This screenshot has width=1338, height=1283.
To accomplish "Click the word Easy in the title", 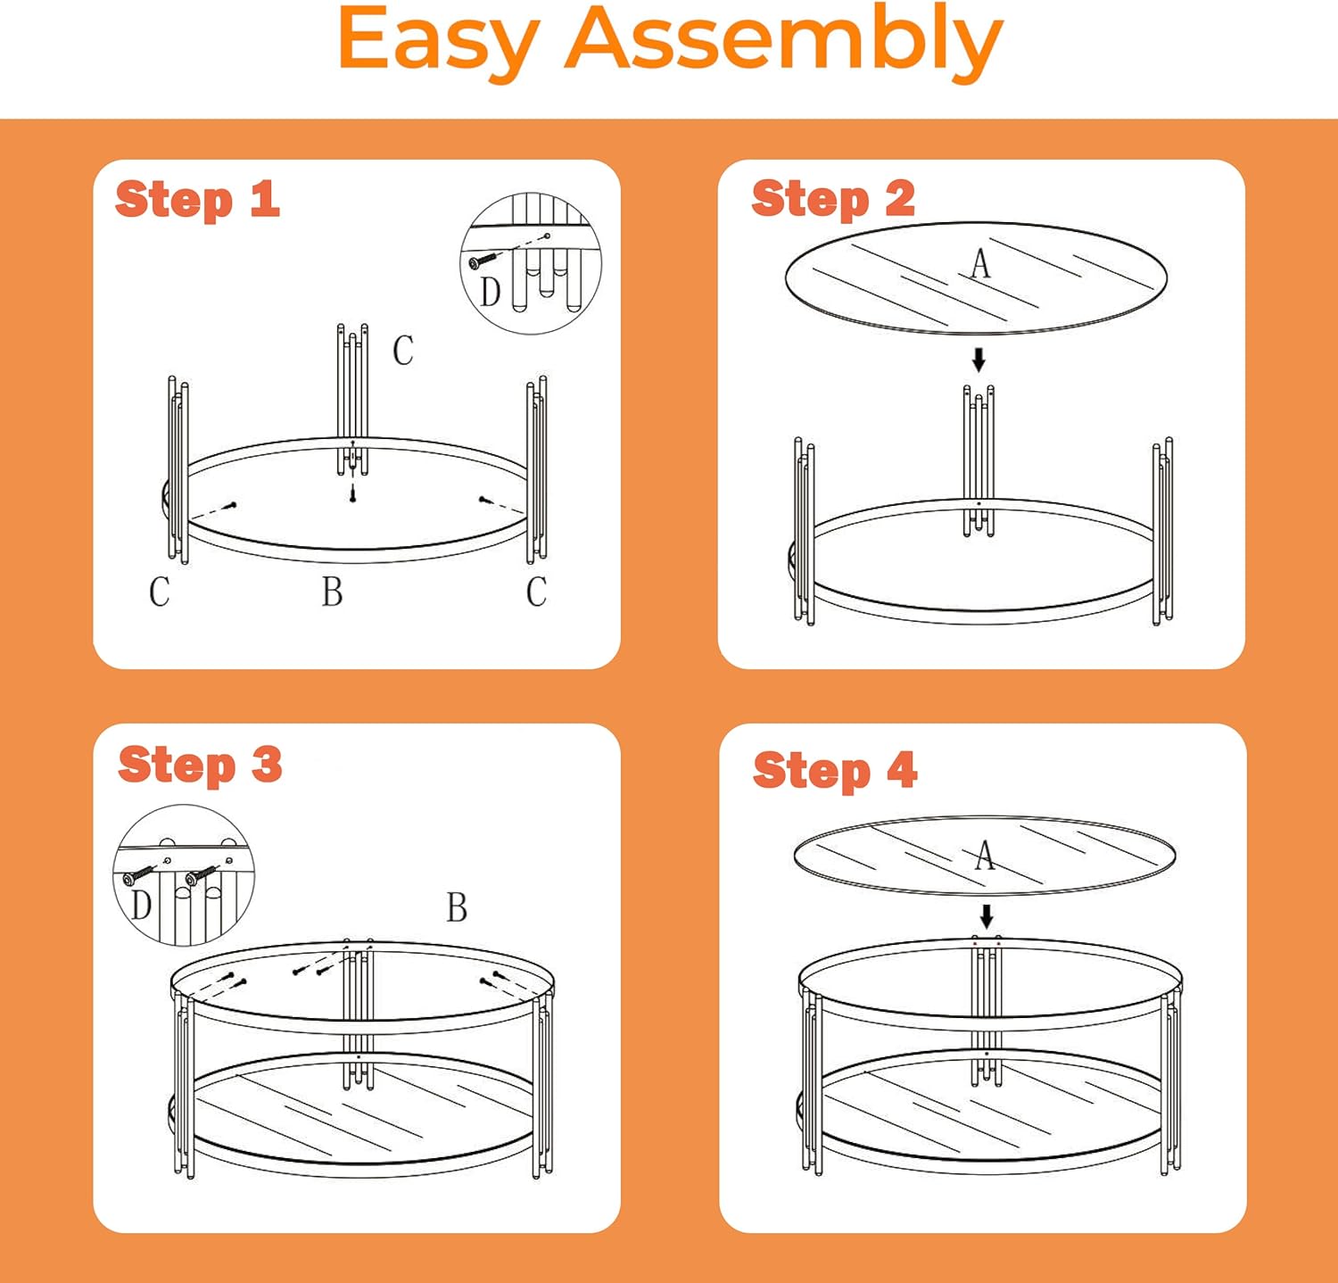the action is click(438, 42).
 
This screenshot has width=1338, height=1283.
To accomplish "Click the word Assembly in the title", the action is click(784, 42).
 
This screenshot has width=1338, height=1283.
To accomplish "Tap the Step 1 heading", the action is click(197, 200).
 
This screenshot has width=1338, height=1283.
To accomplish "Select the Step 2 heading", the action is click(833, 199).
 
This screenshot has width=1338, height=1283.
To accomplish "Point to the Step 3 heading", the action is click(200, 766).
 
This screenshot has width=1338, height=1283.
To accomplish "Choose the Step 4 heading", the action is click(835, 771).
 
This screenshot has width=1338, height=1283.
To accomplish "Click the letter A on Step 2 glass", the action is click(980, 263).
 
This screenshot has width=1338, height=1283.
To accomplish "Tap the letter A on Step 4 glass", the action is click(984, 855).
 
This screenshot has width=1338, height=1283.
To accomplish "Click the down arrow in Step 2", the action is click(979, 360).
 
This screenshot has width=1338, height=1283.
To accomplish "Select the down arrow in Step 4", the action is click(987, 916).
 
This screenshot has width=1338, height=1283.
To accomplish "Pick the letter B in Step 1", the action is click(332, 592).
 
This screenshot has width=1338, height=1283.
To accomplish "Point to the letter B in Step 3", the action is click(457, 907).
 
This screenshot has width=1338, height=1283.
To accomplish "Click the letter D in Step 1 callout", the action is click(491, 292).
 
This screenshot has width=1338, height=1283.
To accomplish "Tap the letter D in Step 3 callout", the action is click(141, 905).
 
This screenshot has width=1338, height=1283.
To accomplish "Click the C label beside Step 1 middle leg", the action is click(403, 351).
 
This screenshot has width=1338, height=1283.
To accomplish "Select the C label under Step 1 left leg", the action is click(160, 592).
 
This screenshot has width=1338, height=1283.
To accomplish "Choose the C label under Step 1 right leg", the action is click(536, 592).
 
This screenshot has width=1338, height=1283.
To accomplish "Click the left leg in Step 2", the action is click(804, 531).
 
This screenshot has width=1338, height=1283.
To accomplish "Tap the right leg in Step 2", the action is click(1162, 531).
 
